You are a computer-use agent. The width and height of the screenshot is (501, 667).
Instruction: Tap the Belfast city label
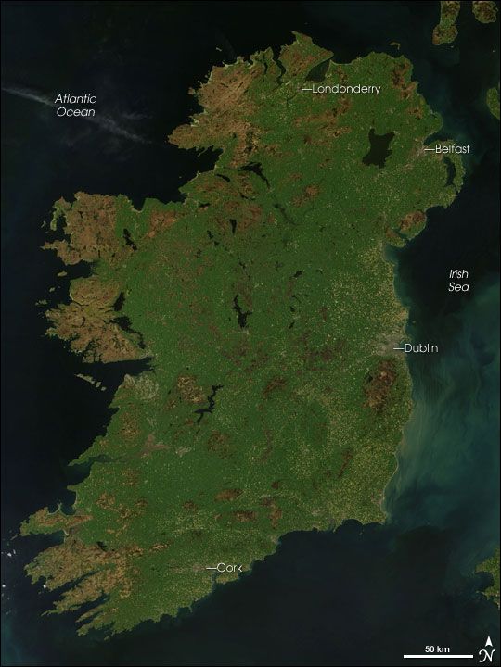tap(452, 148)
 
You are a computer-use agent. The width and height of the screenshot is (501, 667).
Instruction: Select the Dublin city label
tap(421, 348)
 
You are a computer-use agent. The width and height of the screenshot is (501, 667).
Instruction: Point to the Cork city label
tap(228, 567)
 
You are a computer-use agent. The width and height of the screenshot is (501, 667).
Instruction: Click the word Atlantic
tap(76, 99)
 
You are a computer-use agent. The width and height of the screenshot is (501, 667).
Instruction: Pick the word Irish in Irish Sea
tap(458, 274)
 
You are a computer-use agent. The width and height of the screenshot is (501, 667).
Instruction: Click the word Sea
tap(458, 287)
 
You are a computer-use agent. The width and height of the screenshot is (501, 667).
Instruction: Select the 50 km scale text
tap(437, 646)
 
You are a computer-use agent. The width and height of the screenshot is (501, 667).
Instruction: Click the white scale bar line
tap(437, 656)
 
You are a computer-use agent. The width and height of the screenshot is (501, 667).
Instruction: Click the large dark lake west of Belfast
tap(377, 148)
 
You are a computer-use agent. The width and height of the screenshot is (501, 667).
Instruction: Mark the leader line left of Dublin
tap(398, 348)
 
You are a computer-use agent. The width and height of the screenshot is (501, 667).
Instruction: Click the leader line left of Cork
tap(210, 567)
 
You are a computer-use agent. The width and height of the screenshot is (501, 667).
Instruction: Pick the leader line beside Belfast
tap(429, 148)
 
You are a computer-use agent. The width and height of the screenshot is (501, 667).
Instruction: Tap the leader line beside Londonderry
tap(307, 89)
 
